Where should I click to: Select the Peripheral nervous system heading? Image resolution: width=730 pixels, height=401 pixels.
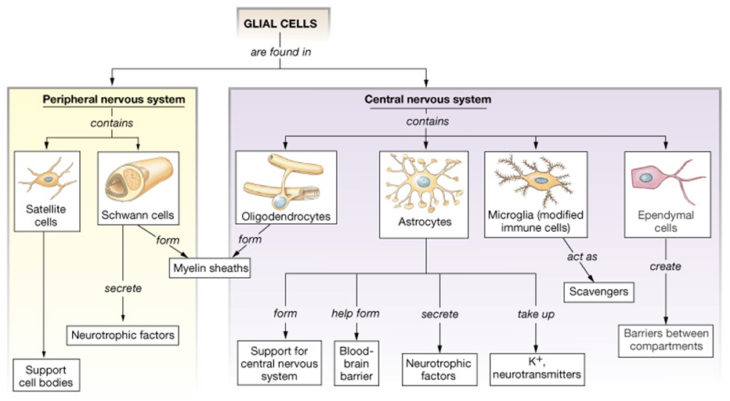point(114,99)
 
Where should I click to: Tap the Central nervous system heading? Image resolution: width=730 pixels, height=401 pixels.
point(428,99)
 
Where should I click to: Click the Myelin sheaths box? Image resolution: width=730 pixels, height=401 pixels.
point(209,269)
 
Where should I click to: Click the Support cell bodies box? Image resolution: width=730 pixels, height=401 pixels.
point(46,376)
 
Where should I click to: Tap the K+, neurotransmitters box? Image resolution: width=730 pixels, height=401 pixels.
point(537,367)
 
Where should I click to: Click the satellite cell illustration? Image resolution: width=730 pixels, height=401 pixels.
point(46,179)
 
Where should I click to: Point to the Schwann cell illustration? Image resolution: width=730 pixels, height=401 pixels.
point(137,179)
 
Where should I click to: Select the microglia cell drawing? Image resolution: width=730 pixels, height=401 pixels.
point(536,180)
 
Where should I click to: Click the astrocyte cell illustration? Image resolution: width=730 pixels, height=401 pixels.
point(425,185)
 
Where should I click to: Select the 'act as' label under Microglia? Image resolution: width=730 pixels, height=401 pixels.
point(577,256)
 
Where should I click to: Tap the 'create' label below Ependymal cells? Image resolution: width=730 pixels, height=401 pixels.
point(665,266)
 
